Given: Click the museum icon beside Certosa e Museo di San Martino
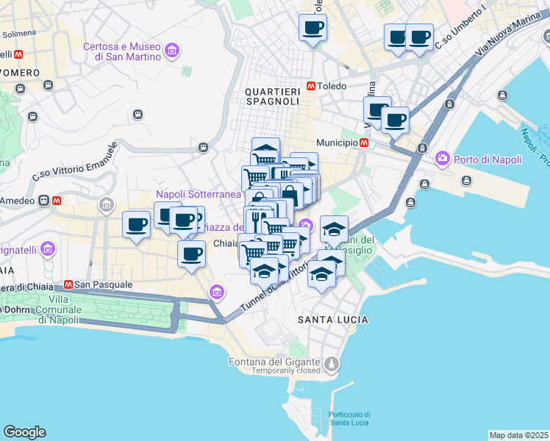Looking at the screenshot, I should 172,51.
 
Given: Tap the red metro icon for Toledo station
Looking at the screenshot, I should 312,85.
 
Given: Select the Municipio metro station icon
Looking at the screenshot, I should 365,143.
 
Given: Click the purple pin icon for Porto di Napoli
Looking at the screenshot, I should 442,157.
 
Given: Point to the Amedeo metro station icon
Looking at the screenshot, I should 57,200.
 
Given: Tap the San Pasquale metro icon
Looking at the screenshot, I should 68,284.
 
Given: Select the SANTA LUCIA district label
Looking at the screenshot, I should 333,320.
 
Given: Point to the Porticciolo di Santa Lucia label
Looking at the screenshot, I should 349,417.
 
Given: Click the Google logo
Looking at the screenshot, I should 24,432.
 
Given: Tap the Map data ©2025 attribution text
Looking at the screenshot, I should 518,435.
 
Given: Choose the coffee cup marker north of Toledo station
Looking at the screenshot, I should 312,28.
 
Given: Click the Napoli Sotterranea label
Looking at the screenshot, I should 198,194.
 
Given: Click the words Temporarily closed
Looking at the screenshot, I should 285,371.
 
